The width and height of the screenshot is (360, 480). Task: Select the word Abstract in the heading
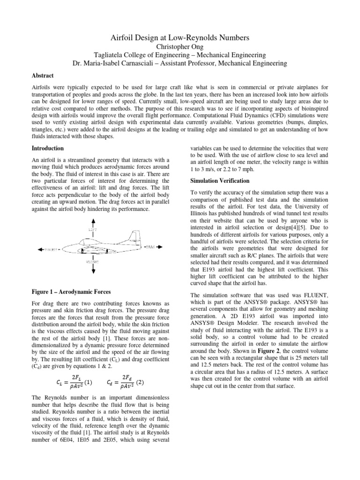coord(43,75)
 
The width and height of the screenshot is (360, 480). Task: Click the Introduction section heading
coord(47,148)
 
